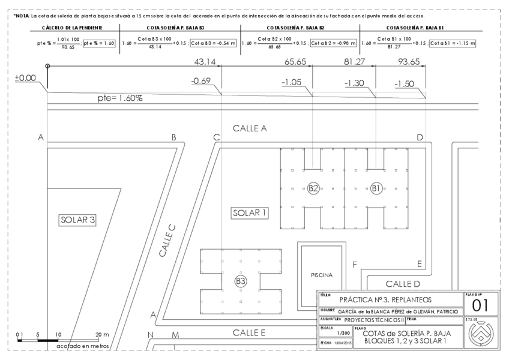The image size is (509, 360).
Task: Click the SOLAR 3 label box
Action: pyautogui.click(x=77, y=220)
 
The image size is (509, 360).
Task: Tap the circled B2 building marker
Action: pyautogui.click(x=313, y=188)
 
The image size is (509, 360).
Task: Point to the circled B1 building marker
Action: pyautogui.click(x=376, y=188)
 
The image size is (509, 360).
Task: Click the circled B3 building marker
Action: pyautogui.click(x=241, y=281)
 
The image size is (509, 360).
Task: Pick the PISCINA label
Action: pyautogui.click(x=321, y=275)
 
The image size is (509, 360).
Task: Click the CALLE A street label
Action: pyautogui.click(x=249, y=128)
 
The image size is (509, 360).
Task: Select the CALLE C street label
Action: pyautogui.click(x=167, y=241)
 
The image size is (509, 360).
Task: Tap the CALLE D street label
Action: pyautogui.click(x=402, y=283)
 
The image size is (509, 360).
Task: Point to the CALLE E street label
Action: pyautogui.click(x=249, y=332)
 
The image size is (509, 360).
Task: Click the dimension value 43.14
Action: pyautogui.click(x=205, y=62)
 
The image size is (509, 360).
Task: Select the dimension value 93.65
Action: pyautogui.click(x=409, y=62)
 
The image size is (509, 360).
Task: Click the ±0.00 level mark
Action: pyautogui.click(x=25, y=78)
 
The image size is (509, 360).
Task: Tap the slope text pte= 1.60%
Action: pyautogui.click(x=119, y=98)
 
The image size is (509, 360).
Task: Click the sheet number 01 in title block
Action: pyautogui.click(x=481, y=305)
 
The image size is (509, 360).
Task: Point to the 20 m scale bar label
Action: pyautogui.click(x=101, y=334)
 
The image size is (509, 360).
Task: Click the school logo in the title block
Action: pyautogui.click(x=480, y=334)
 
